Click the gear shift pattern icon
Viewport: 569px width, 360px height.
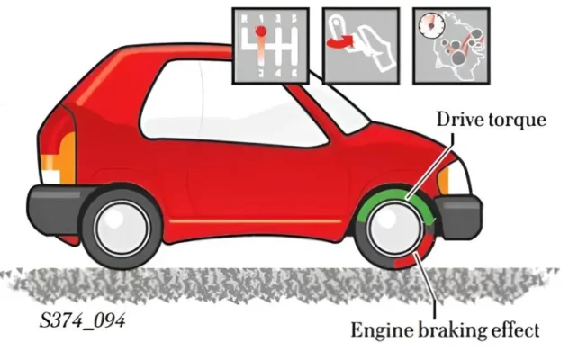pos(270,46)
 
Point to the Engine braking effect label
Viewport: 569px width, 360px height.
pos(445,331)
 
